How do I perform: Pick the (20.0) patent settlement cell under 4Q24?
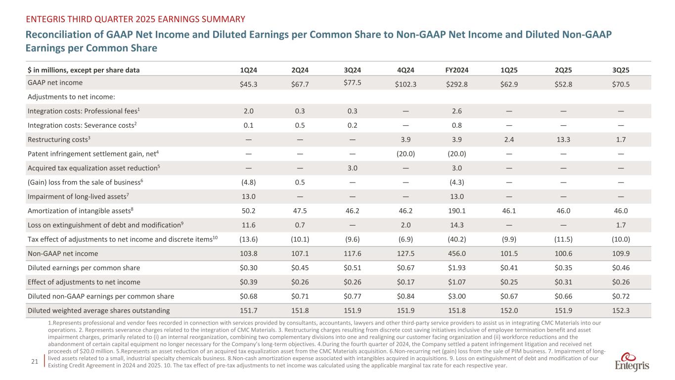[x=405, y=153]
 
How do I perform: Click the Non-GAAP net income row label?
[x=63, y=254]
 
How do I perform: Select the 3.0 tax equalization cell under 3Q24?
[x=352, y=168]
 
